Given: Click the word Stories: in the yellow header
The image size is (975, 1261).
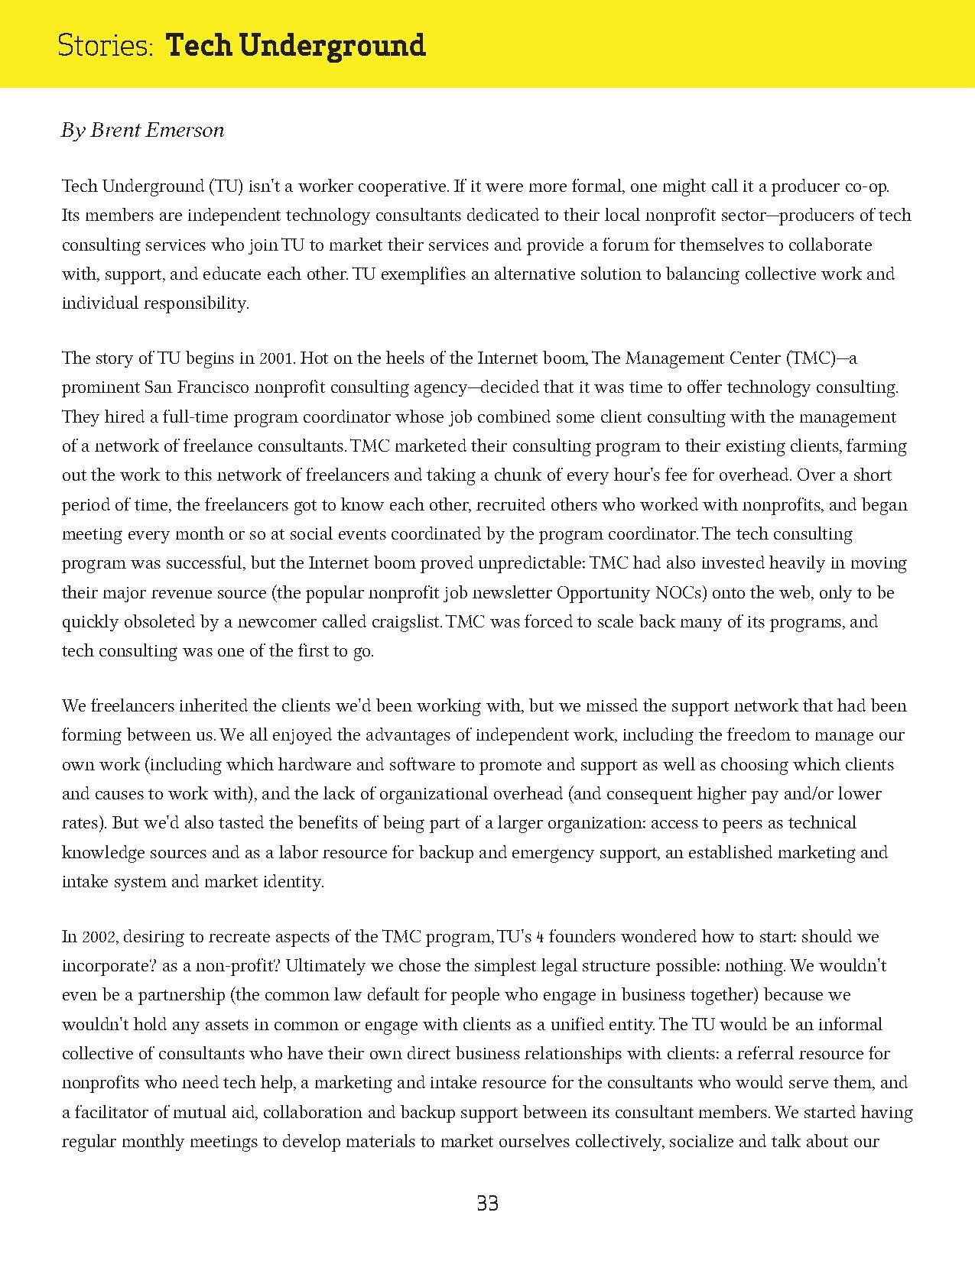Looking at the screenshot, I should pyautogui.click(x=106, y=46).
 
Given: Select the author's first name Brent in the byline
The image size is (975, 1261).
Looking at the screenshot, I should pyautogui.click(x=112, y=131).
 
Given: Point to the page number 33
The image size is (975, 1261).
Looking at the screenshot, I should pyautogui.click(x=487, y=1204).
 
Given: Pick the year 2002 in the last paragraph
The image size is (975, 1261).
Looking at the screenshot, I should pyautogui.click(x=99, y=937).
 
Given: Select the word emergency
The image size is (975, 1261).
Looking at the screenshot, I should pyautogui.click(x=519, y=853).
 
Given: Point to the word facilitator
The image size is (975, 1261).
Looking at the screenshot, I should pyautogui.click(x=115, y=1112).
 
